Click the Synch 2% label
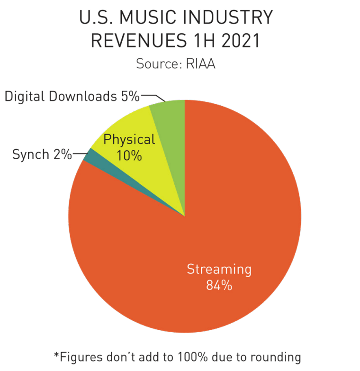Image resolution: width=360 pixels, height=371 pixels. coord(42,154)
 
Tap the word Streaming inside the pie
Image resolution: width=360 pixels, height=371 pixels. coord(219,269)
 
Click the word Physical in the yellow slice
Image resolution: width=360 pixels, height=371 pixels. coord(129,140)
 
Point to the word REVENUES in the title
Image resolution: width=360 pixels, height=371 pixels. coord(134,41)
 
